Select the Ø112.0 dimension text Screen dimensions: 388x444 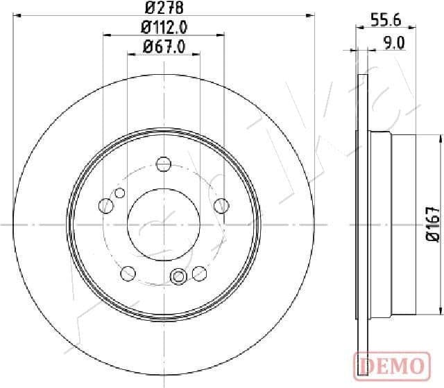[x=164, y=28]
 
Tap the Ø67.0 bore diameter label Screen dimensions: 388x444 [x=163, y=47]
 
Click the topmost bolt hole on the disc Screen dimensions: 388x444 [x=164, y=164]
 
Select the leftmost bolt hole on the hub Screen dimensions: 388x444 [x=107, y=205]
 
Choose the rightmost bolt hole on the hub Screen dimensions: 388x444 [x=221, y=205]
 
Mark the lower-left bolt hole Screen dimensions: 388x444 [x=128, y=274]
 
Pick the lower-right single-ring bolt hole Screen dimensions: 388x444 [x=200, y=274]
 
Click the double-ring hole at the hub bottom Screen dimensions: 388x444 [x=178, y=276]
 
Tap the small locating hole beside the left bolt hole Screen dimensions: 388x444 [x=120, y=193]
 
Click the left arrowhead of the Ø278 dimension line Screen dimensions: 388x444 [x=17, y=17]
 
